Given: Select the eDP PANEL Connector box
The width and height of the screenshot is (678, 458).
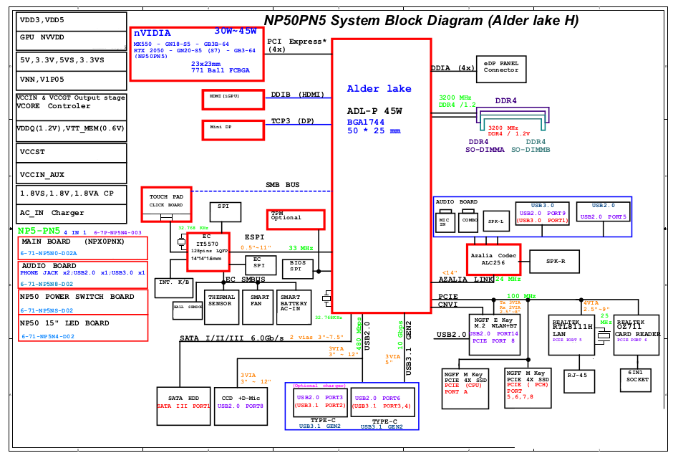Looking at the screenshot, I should (500, 70).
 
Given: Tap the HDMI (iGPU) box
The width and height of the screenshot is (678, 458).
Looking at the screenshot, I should (233, 99).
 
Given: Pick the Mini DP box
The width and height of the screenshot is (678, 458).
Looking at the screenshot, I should (233, 130).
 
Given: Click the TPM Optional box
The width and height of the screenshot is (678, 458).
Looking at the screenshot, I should (296, 219).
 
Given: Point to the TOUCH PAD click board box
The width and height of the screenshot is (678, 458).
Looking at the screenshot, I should (166, 204).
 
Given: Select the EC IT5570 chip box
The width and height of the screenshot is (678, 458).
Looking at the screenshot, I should (208, 252).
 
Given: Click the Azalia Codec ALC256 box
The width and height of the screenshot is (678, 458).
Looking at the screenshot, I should (493, 259).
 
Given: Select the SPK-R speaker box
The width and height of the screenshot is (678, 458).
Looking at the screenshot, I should (556, 262).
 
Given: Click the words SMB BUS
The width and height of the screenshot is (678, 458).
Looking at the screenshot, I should (283, 185).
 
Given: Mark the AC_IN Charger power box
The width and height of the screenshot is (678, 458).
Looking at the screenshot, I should (72, 213).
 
